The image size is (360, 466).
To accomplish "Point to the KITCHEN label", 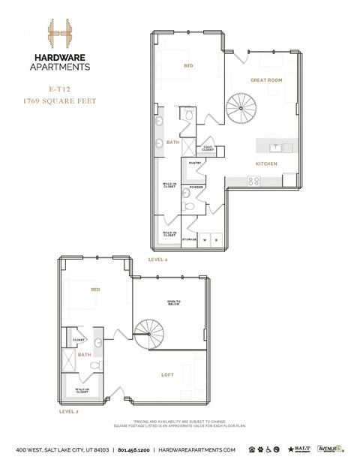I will click(266, 163).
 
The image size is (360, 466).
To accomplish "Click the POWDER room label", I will click(196, 187).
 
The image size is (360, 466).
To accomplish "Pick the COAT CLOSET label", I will click(208, 149).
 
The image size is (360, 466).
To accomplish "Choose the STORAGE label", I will click(190, 239).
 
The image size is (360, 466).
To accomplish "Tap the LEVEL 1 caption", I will click(157, 258).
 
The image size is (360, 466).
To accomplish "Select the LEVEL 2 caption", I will click(69, 411).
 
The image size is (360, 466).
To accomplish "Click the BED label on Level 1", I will click(188, 66).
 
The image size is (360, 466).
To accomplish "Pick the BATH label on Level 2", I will click(85, 355).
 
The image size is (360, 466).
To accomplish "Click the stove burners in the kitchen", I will click(253, 181).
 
